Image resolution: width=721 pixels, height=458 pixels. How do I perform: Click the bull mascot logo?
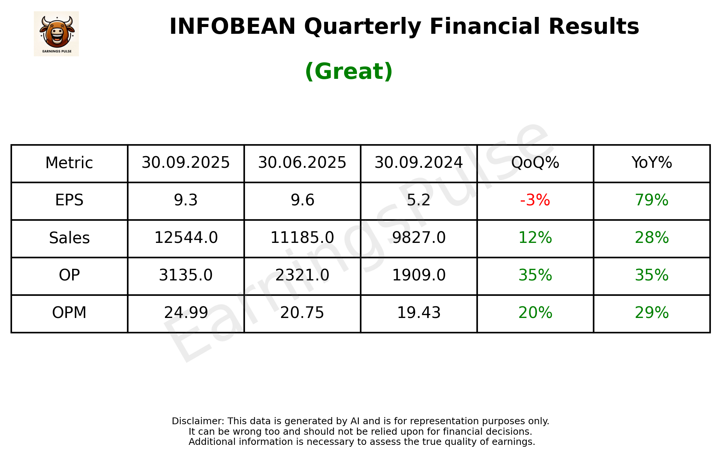pos(56,33)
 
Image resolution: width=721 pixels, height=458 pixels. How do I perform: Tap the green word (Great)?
pos(349,71)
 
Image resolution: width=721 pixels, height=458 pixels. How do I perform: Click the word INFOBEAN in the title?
pos(233,27)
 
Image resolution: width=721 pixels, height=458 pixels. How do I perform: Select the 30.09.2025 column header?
pos(186,163)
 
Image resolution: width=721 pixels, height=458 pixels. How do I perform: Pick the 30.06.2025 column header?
pos(302,163)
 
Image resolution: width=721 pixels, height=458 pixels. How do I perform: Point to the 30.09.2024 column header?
pos(419,163)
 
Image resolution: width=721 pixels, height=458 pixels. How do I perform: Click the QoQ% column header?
pos(535,163)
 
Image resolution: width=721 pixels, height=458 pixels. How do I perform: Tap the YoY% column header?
pos(651,163)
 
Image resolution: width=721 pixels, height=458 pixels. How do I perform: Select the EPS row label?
pos(69,200)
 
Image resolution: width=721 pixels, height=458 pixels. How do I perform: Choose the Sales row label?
pos(69,238)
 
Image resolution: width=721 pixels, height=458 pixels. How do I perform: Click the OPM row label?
pos(69,313)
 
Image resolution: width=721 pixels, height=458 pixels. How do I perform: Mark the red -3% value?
pos(535,200)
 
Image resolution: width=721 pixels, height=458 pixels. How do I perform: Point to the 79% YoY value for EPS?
pos(651,200)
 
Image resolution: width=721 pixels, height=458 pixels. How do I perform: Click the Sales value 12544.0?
pos(186,238)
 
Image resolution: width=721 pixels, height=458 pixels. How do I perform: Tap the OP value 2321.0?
pos(302,275)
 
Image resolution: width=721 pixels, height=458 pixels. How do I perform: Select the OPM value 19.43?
pos(419,313)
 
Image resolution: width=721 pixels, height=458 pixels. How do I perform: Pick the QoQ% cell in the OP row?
pos(535,275)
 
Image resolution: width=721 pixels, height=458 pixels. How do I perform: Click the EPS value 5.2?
pos(419,200)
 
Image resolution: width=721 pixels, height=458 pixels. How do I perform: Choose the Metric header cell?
pos(69,163)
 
